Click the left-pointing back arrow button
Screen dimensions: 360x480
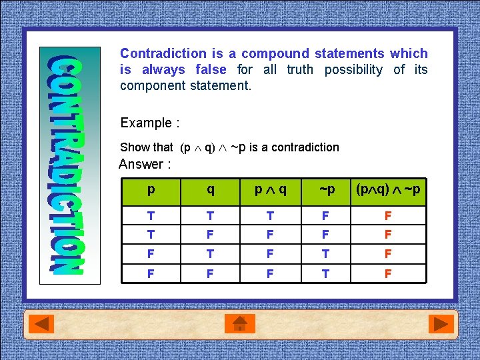click(44, 324)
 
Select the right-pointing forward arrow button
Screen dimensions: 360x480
click(440, 324)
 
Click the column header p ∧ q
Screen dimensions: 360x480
click(270, 190)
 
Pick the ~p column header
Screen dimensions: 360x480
click(327, 190)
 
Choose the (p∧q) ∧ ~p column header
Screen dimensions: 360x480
click(389, 190)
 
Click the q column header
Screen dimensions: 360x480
click(211, 190)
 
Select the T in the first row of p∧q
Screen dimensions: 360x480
click(270, 215)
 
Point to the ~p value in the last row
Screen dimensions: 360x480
click(327, 273)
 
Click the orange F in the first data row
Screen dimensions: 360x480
click(388, 215)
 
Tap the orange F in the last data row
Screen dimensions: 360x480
click(388, 273)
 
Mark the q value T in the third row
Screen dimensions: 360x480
click(211, 254)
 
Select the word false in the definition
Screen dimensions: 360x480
click(211, 69)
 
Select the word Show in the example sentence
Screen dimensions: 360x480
click(133, 147)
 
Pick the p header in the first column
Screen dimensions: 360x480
click(151, 190)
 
